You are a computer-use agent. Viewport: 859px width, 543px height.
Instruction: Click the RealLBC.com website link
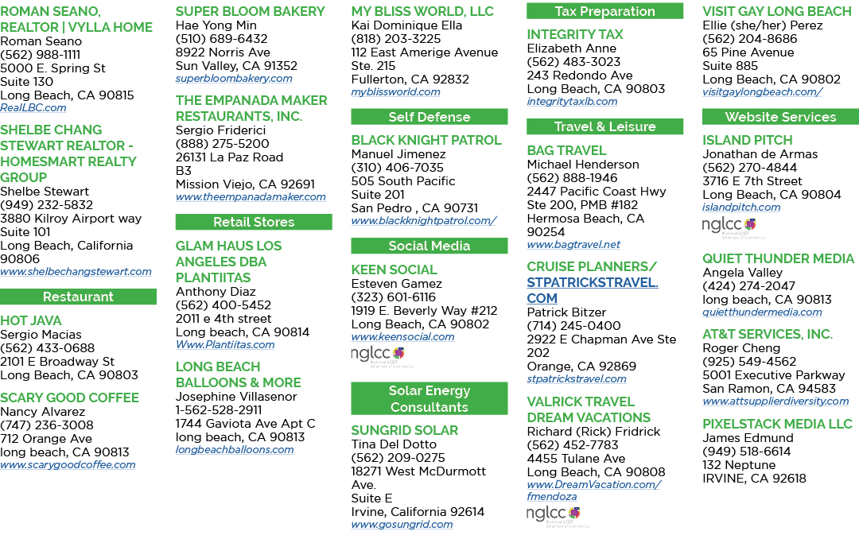(x=33, y=108)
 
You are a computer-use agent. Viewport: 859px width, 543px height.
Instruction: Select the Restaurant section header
(x=78, y=297)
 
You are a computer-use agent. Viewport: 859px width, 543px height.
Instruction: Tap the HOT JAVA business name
(x=31, y=320)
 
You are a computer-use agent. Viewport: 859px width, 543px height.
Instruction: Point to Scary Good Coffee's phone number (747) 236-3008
(x=47, y=425)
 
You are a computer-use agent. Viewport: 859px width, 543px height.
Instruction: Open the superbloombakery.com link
(x=234, y=78)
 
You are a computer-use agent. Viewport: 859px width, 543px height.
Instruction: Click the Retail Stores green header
(x=254, y=222)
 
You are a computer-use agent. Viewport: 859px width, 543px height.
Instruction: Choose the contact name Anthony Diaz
(x=216, y=292)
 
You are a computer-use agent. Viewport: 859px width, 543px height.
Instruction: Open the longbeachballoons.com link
(x=235, y=449)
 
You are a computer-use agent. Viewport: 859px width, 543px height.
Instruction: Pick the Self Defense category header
(x=429, y=117)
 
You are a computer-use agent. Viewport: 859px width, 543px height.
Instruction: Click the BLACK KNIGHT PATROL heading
(x=426, y=140)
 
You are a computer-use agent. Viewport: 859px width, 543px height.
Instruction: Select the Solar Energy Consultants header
(x=429, y=398)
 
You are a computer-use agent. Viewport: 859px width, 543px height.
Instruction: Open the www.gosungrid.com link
(x=402, y=525)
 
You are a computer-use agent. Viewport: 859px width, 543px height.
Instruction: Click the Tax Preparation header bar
(x=604, y=11)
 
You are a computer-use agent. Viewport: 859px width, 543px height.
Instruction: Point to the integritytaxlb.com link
(x=572, y=101)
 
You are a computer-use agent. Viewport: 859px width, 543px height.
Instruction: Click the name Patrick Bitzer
(x=566, y=312)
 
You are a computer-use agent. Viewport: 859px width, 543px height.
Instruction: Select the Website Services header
(x=781, y=117)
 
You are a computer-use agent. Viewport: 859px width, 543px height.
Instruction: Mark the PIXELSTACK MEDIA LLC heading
(x=777, y=425)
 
